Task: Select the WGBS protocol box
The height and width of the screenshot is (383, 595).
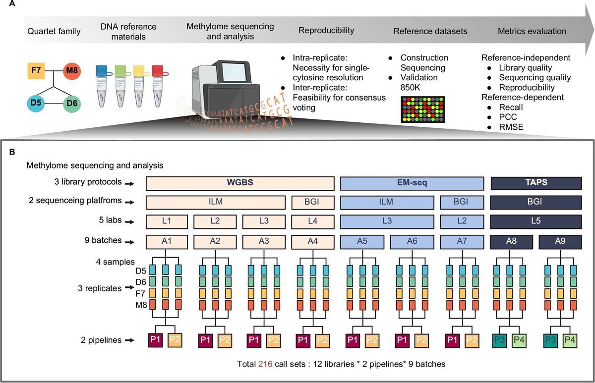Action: pyautogui.click(x=239, y=183)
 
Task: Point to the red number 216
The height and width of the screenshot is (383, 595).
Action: pyautogui.click(x=265, y=364)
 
